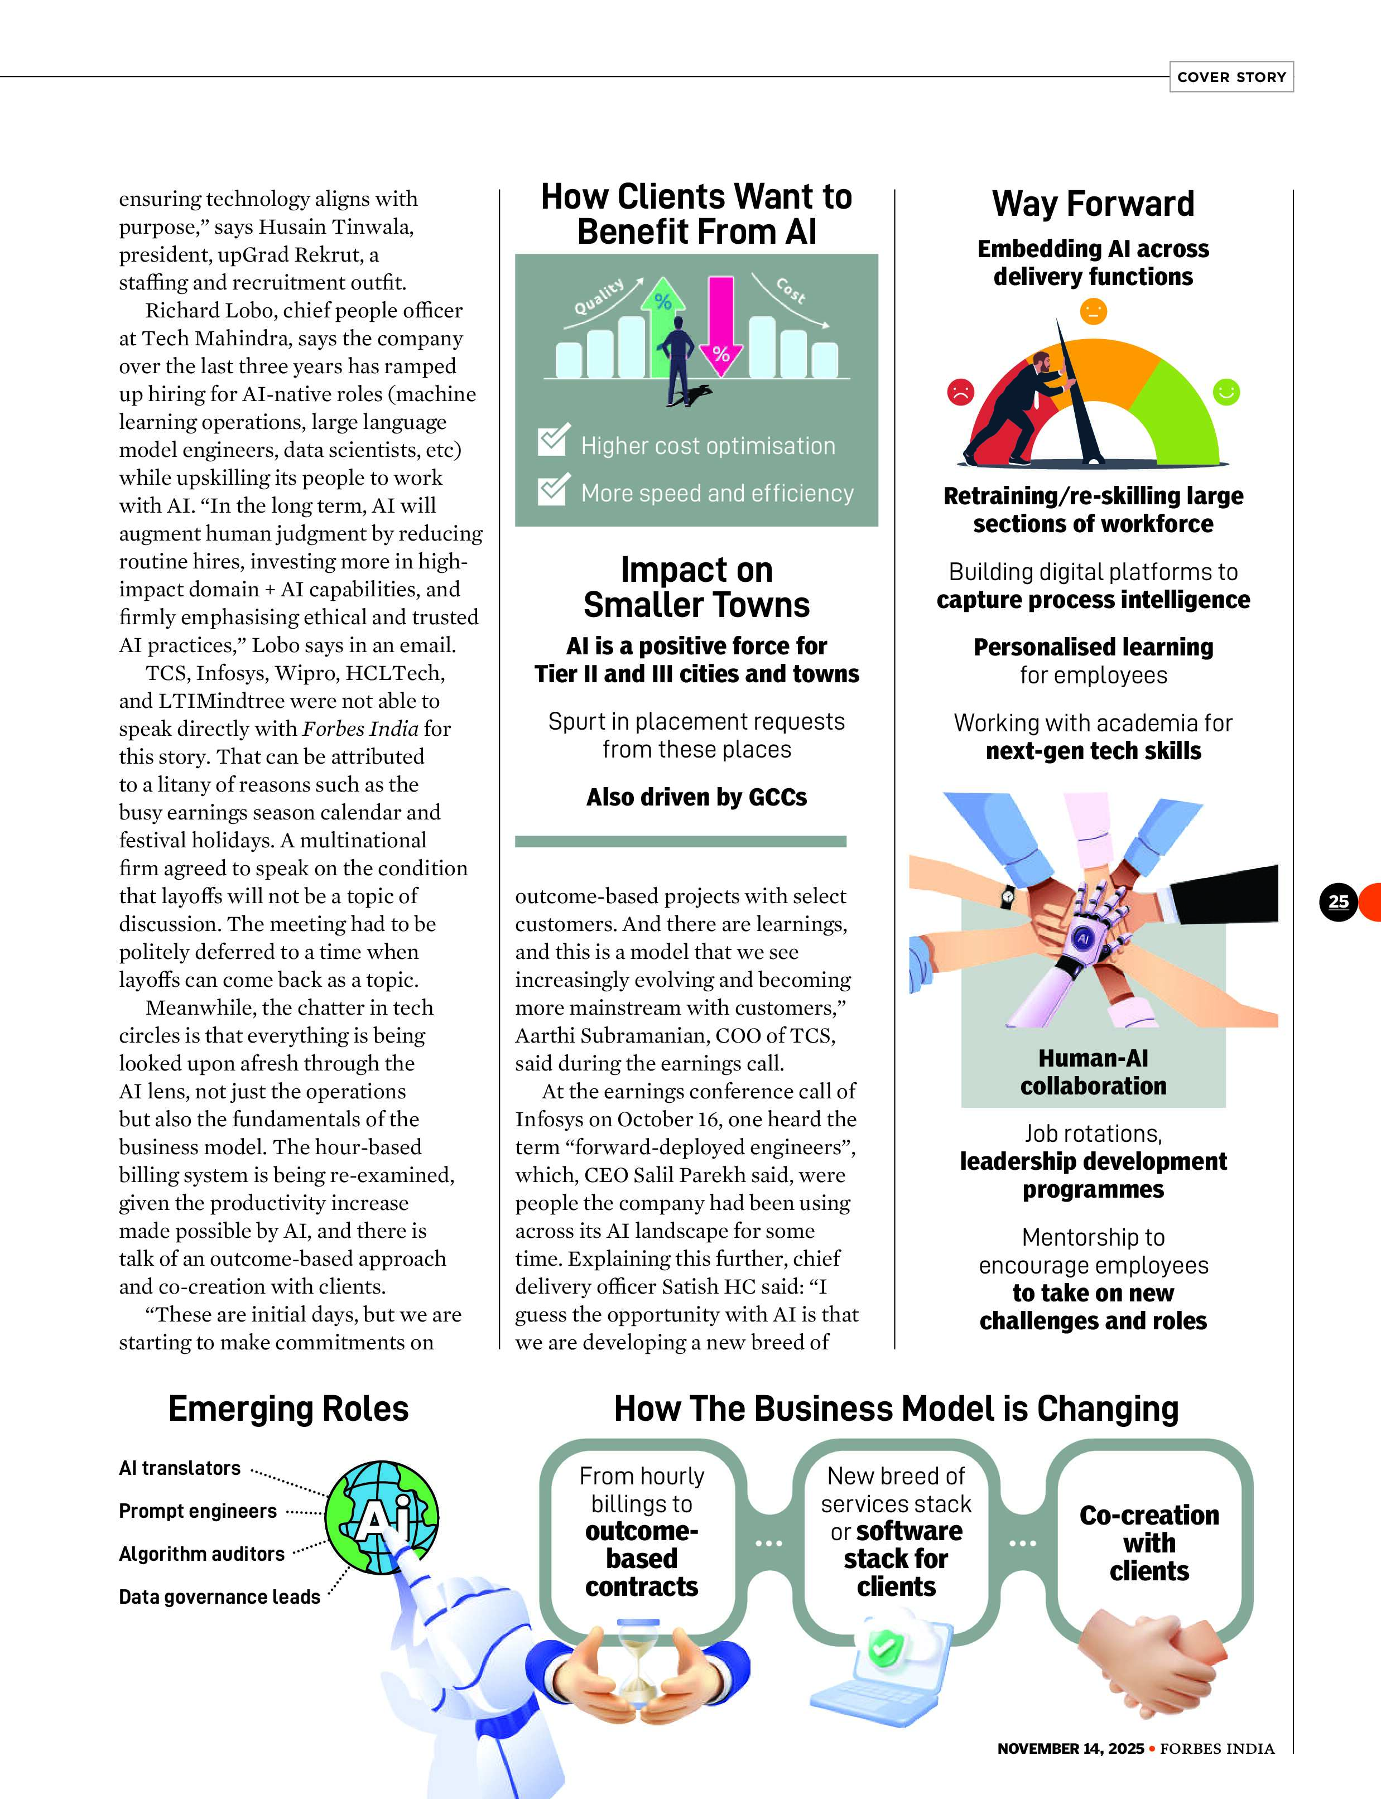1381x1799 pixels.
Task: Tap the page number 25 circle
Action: [1337, 901]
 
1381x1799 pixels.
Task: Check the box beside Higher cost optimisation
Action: [552, 441]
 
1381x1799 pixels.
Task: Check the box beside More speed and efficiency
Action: [552, 489]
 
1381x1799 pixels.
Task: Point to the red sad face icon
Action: [960, 392]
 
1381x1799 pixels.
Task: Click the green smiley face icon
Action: [1226, 392]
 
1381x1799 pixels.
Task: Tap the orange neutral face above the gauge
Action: [1093, 311]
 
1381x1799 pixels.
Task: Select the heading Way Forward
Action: [1093, 204]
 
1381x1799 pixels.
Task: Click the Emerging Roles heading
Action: [288, 1409]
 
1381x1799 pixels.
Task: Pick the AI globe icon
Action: [382, 1517]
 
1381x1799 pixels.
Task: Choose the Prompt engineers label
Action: [198, 1511]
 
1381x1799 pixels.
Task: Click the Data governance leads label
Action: [219, 1597]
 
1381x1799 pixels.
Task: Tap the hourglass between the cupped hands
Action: [639, 1663]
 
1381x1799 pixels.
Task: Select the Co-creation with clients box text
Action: [1149, 1542]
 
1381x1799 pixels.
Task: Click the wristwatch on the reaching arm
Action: [1007, 898]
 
